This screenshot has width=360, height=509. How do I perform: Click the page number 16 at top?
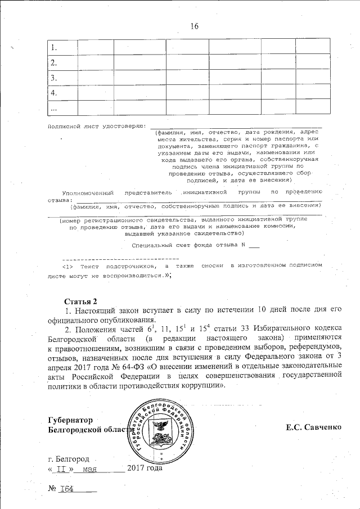click(x=195, y=26)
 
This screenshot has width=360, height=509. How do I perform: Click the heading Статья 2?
click(x=81, y=300)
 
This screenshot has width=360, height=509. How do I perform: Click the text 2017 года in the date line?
click(x=145, y=468)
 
